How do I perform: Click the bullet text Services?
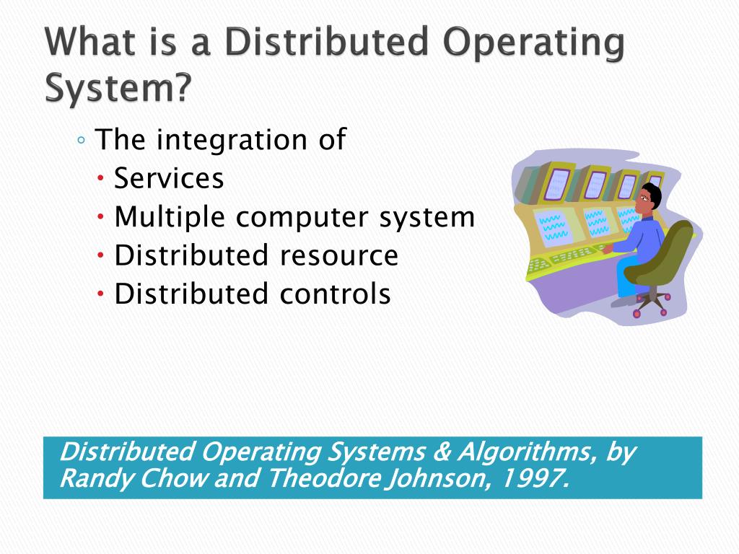coord(169,178)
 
